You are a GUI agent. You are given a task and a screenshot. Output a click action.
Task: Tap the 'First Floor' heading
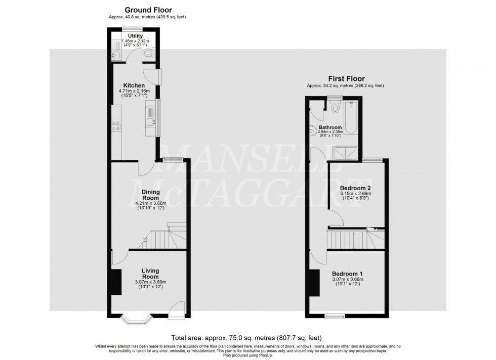pyautogui.click(x=347, y=79)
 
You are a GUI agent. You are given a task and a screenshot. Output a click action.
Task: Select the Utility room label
pyautogui.click(x=135, y=36)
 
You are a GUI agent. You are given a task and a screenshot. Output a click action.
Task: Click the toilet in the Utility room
pyautogui.click(x=148, y=52)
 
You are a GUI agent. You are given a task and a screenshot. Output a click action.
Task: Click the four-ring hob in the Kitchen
pyautogui.click(x=117, y=126)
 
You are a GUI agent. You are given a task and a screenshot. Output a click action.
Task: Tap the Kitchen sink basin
pyautogui.click(x=150, y=121)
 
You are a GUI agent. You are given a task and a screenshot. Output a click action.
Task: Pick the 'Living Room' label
pyautogui.click(x=150, y=274)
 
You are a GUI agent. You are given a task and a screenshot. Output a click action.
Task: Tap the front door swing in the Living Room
pyautogui.click(x=177, y=309)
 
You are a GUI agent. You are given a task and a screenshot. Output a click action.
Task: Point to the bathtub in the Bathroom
pyautogui.click(x=353, y=120)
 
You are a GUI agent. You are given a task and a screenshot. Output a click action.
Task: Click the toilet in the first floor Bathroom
pyautogui.click(x=335, y=108)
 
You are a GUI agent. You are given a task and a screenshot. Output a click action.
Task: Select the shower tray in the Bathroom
pyautogui.click(x=347, y=152)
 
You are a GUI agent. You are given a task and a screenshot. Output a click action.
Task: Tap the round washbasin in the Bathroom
pyautogui.click(x=312, y=130)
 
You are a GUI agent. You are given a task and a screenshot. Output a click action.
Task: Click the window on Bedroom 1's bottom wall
pyautogui.click(x=335, y=317)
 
